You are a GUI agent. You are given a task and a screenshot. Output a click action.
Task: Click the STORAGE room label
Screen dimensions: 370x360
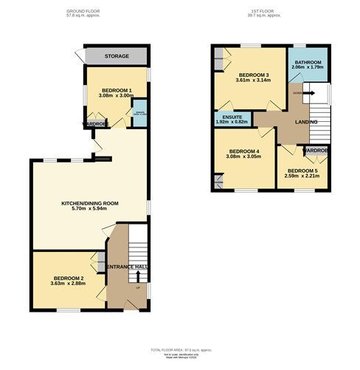pyautogui.click(x=116, y=56)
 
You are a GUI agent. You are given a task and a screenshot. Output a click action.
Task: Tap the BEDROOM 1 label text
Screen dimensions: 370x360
pyautogui.click(x=116, y=89)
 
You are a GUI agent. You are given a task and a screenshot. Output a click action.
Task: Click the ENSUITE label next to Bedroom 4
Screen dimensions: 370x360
pyautogui.click(x=229, y=117)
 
